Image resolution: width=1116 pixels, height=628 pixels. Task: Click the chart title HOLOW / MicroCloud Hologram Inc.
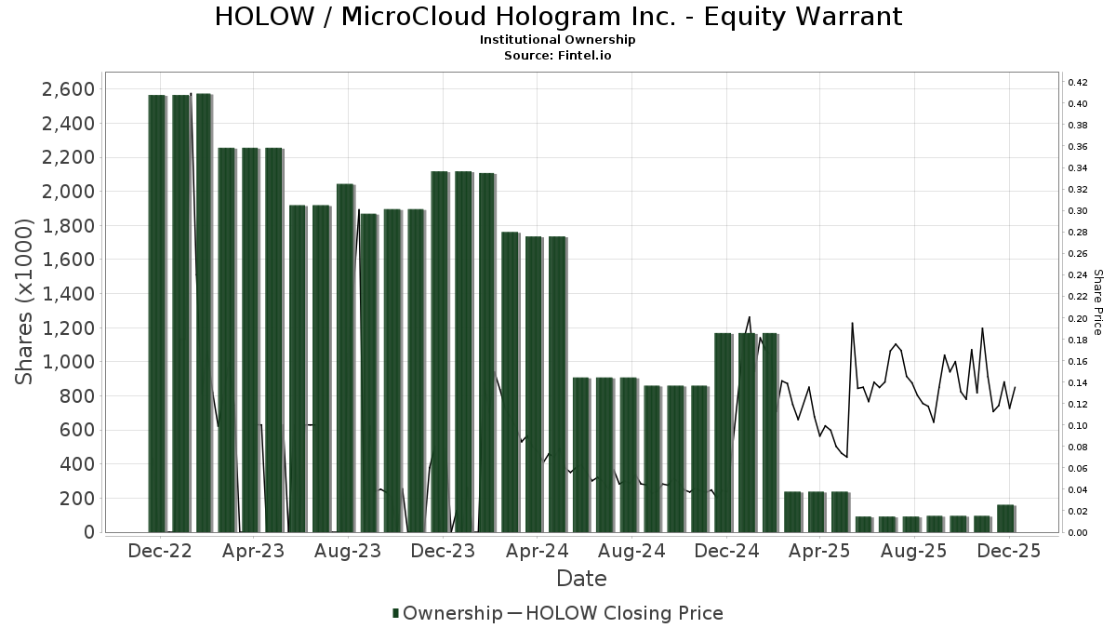pyautogui.click(x=558, y=17)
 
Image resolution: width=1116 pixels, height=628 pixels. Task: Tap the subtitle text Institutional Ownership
pyautogui.click(x=558, y=40)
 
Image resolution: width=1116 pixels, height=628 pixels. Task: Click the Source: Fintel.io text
pyautogui.click(x=558, y=56)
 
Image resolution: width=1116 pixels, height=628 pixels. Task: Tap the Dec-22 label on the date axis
pyautogui.click(x=160, y=551)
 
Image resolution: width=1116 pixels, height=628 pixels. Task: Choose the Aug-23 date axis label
pyautogui.click(x=346, y=551)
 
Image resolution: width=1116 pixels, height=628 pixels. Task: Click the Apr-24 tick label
pyautogui.click(x=537, y=551)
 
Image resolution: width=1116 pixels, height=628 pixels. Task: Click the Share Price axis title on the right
pyautogui.click(x=1097, y=302)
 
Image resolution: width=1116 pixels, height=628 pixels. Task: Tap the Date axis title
pyautogui.click(x=581, y=579)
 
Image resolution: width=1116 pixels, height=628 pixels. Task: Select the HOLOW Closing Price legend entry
pyautogui.click(x=624, y=613)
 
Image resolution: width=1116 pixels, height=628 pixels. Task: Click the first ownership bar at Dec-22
pyautogui.click(x=157, y=313)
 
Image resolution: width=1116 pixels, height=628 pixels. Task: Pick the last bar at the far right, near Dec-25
pyautogui.click(x=1005, y=518)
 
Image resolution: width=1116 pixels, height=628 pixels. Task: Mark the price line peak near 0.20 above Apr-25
pyautogui.click(x=852, y=323)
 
